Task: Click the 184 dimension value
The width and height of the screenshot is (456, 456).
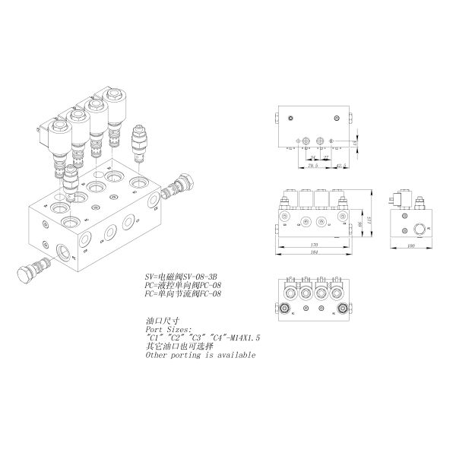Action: point(315,253)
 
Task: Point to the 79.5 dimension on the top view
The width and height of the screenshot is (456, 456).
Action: point(312,164)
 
